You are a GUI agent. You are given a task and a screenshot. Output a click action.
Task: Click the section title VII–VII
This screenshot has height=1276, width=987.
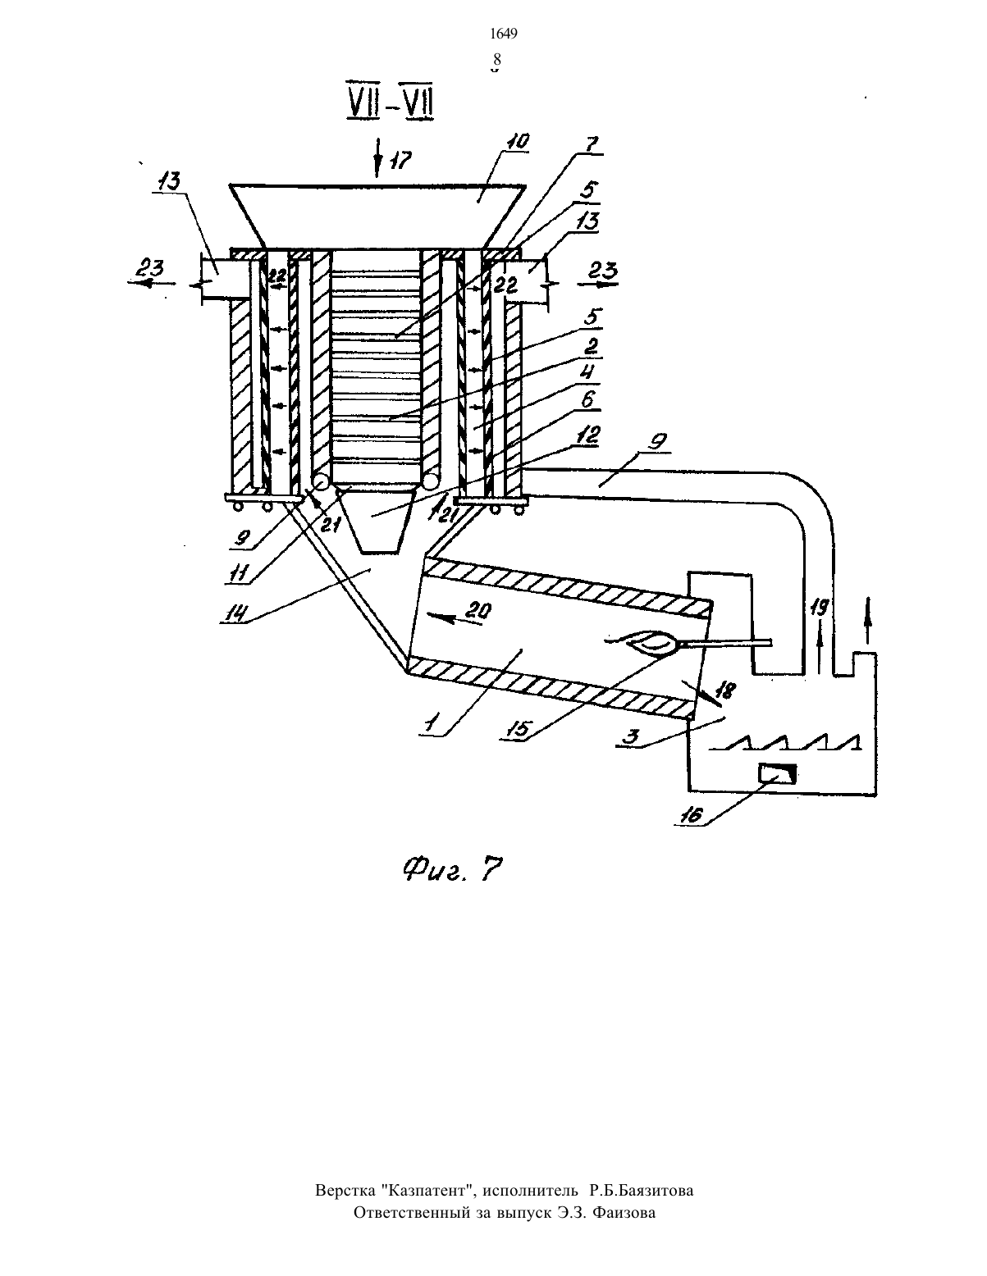(391, 105)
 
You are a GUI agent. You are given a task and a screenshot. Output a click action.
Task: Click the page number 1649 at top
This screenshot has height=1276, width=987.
(504, 34)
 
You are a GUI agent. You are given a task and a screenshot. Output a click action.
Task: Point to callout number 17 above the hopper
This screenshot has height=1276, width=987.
(400, 160)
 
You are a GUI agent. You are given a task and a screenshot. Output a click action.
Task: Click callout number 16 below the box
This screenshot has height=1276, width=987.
(691, 815)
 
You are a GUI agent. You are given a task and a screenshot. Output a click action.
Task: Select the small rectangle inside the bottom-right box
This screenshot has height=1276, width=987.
(778, 774)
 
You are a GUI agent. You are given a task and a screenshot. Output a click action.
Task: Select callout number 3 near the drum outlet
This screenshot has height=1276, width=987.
(628, 736)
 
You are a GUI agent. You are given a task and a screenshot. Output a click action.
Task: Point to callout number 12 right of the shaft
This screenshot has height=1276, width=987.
(589, 435)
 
